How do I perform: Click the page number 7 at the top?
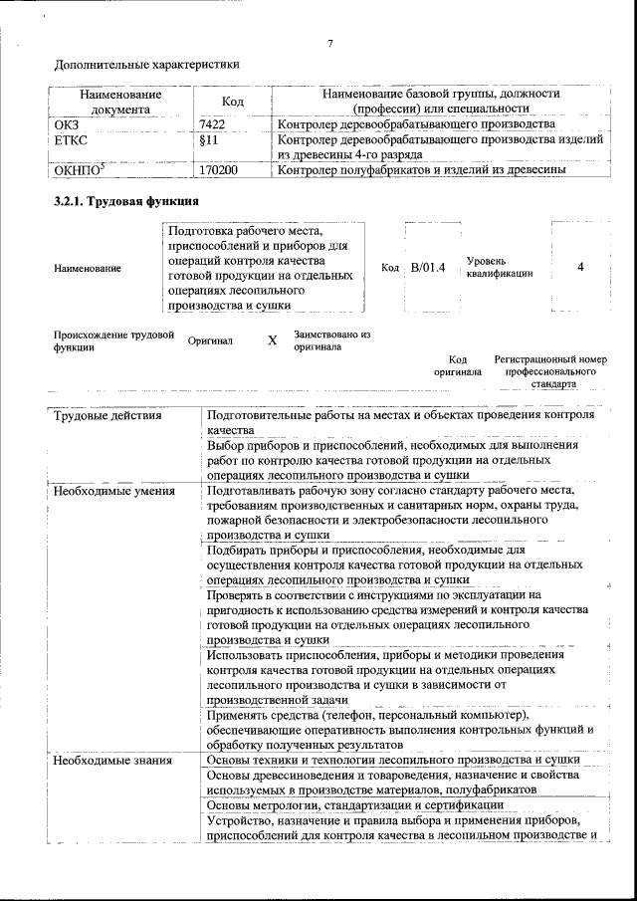click(328, 44)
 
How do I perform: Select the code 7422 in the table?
click(214, 125)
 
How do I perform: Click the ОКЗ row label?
click(67, 125)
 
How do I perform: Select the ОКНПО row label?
click(76, 170)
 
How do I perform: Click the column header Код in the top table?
click(233, 102)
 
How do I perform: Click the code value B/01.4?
click(427, 268)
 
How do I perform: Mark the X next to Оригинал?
click(273, 340)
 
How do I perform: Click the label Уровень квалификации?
click(499, 267)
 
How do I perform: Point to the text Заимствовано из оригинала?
click(331, 340)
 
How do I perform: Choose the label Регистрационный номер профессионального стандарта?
click(549, 370)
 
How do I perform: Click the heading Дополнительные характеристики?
click(146, 67)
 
